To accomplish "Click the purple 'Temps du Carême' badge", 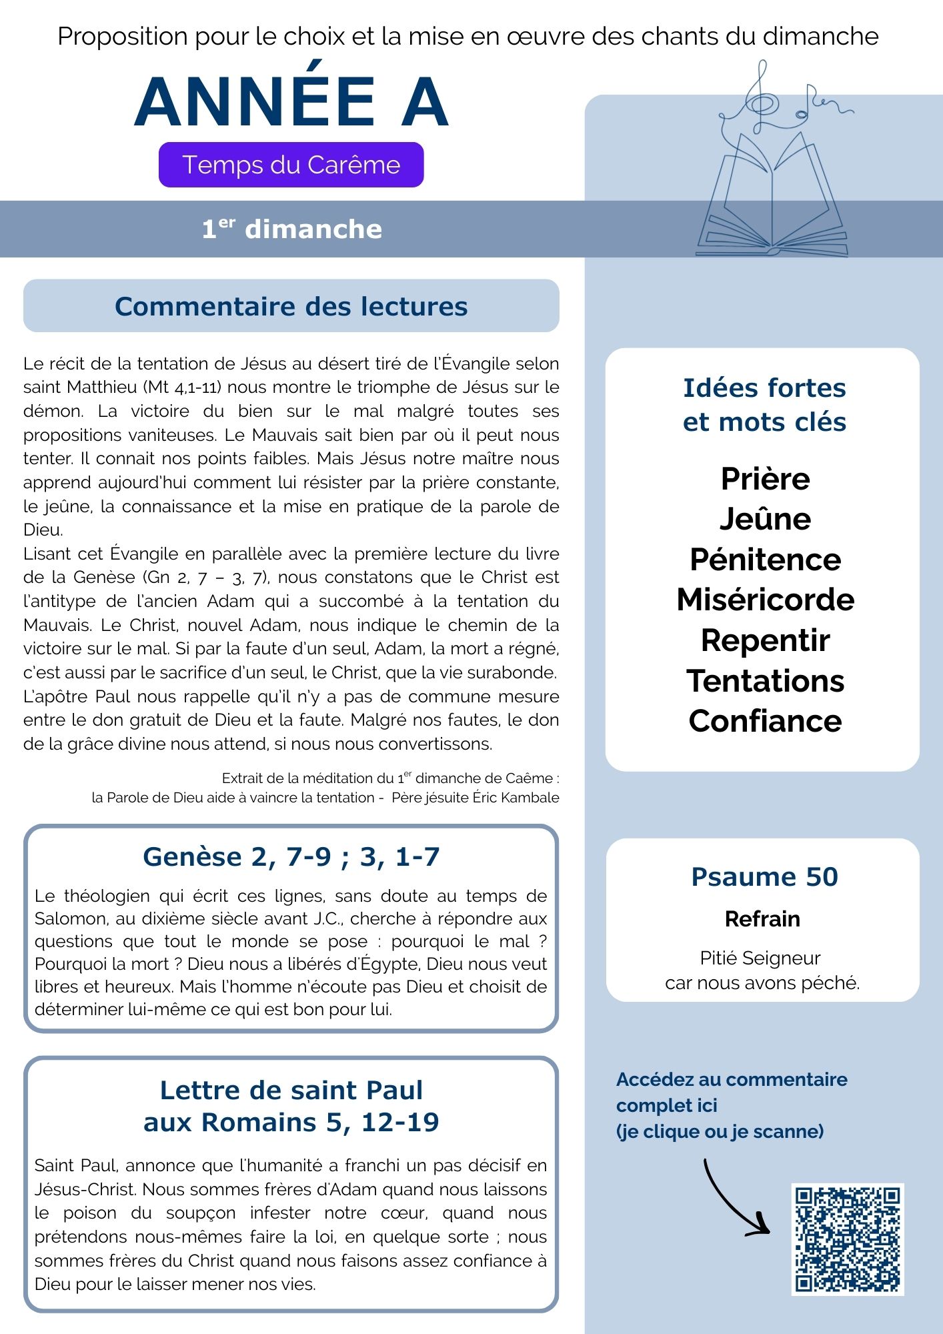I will [x=291, y=165].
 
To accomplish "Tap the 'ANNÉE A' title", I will [x=291, y=102].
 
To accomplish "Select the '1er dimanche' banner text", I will [x=291, y=229].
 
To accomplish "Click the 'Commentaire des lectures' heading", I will [x=291, y=306].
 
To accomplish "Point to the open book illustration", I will [x=772, y=200].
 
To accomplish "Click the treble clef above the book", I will [x=760, y=100].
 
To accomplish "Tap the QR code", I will [x=847, y=1239].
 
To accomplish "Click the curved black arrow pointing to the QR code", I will [x=734, y=1201].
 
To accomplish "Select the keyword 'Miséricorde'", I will [x=765, y=600].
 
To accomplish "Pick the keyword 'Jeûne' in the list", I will [x=765, y=519].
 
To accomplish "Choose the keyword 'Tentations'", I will [x=765, y=680].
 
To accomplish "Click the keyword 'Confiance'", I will [x=765, y=721].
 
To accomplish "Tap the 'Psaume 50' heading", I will [x=764, y=876].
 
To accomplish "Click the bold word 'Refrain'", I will [x=762, y=918].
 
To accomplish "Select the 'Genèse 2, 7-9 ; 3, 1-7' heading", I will [x=291, y=856].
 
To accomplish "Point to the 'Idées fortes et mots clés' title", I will [x=764, y=405].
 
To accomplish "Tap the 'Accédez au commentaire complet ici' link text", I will [x=731, y=1092].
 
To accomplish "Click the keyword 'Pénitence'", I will [x=765, y=560].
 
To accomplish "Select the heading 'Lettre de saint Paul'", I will [x=291, y=1090].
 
